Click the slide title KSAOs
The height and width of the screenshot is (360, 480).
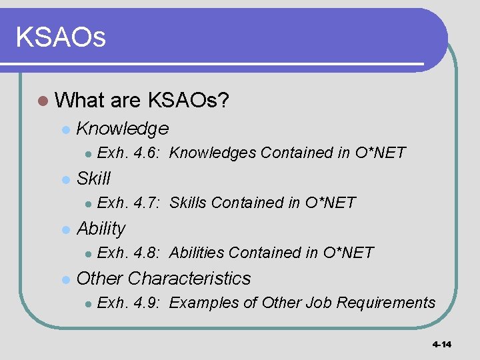point(61,37)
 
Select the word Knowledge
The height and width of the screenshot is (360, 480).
point(123,128)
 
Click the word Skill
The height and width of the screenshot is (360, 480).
point(94,178)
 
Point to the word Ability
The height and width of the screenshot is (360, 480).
point(101,229)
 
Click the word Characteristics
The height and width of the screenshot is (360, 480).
point(189,278)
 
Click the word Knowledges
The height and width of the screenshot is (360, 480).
point(213,153)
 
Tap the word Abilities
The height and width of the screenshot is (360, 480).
point(197,253)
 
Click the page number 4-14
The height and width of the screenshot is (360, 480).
point(441,345)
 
